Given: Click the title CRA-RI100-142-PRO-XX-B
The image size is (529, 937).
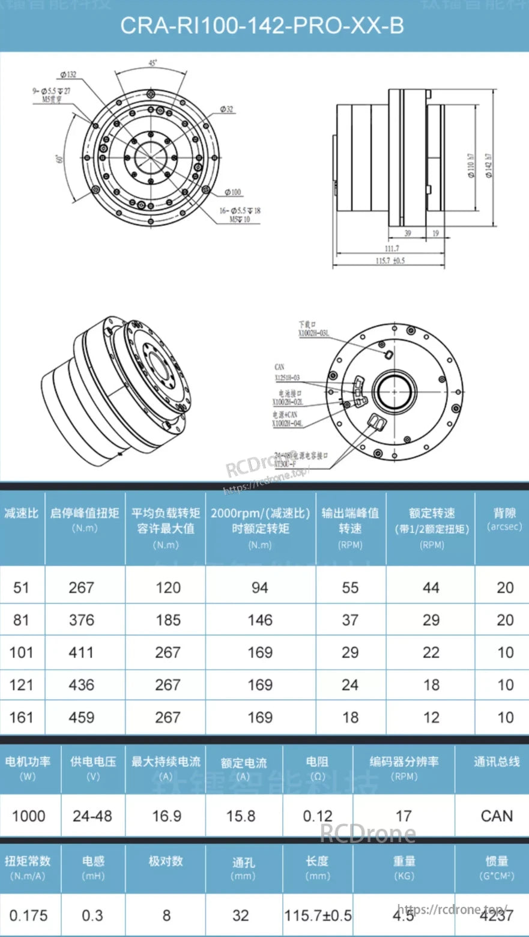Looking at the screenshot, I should pos(262,26).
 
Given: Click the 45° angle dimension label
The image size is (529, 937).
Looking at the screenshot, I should pos(153,62).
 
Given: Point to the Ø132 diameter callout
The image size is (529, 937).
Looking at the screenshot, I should pos(68,75).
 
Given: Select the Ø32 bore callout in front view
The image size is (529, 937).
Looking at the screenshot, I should pos(226,109).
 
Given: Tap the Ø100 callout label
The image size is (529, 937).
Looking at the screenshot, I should pos(233,192).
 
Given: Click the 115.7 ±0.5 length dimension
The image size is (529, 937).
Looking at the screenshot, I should pos(390,260).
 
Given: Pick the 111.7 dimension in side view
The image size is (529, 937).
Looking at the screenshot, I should pos(391,248).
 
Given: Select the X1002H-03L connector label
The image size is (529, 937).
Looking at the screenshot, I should pos(313,333).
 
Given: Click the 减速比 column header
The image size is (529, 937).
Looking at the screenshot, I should pos(22,514).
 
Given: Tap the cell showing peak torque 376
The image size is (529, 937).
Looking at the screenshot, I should pos(82,620).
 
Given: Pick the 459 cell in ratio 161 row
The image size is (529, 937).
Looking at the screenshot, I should pos(82,717).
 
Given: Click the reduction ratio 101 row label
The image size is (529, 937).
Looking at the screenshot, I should pos(22,652).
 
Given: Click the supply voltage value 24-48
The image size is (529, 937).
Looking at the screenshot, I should pos(92,816).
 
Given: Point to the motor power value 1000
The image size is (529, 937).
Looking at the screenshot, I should pos(29,816).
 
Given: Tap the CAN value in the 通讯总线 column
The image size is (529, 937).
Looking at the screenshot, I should pos(497,816).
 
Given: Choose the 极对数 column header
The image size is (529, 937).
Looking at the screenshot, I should pos(166,861).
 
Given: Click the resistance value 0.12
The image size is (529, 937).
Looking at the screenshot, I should pos(317,816).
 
